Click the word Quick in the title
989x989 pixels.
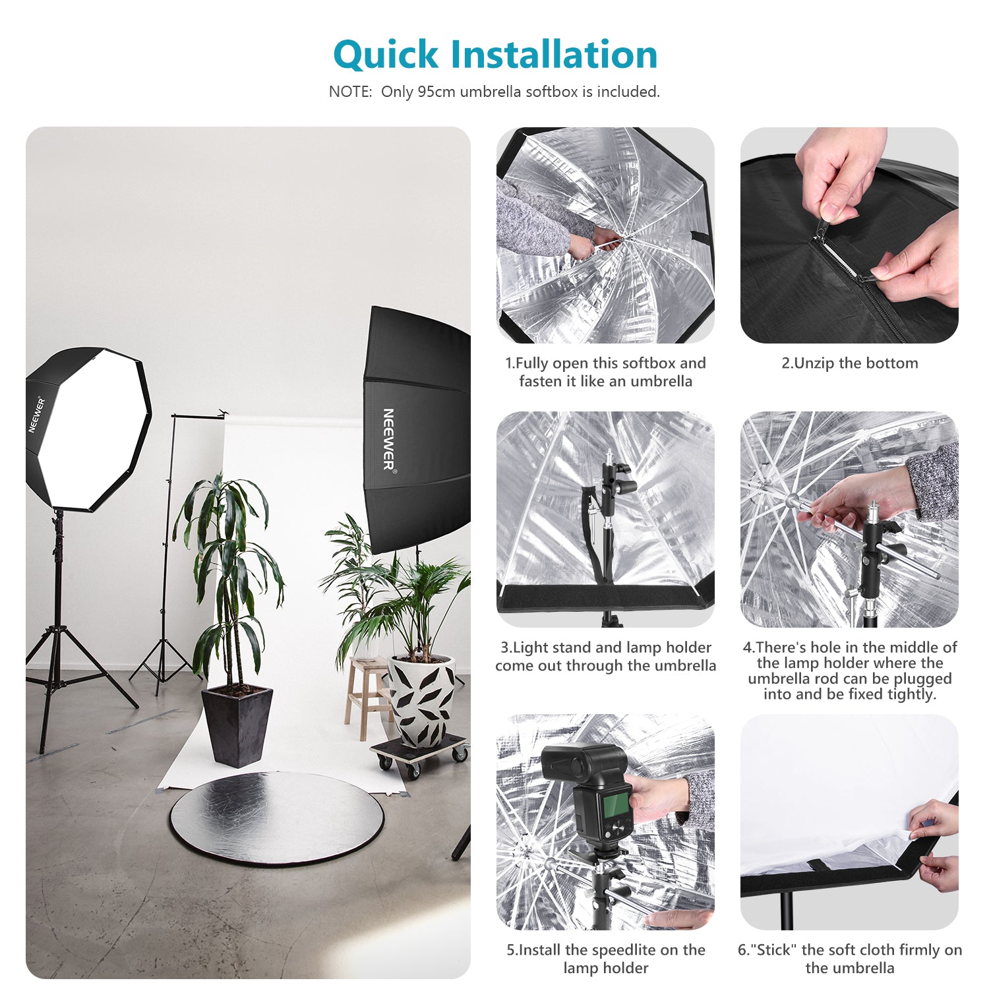386,55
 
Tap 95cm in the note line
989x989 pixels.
436,92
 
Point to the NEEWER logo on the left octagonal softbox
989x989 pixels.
36,415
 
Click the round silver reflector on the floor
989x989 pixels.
277,818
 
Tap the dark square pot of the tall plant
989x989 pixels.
237,725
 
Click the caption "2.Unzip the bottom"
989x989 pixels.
849,363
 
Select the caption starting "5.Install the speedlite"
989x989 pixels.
605,959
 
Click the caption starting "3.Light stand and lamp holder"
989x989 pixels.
605,656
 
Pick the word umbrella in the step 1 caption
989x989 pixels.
661,381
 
